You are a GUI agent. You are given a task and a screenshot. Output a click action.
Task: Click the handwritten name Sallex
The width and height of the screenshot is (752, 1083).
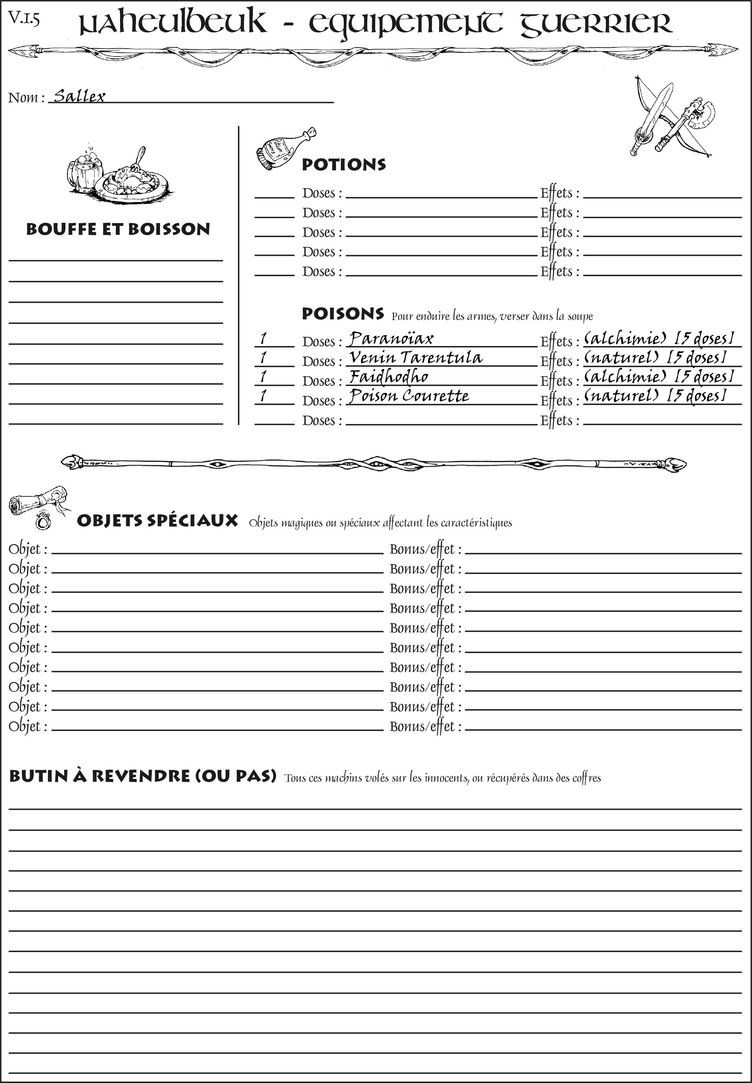coord(79,96)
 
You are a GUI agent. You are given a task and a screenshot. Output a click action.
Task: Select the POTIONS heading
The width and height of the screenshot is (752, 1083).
coord(343,165)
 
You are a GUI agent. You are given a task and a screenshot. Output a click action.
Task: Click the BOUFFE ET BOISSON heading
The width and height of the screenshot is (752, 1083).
coord(118,229)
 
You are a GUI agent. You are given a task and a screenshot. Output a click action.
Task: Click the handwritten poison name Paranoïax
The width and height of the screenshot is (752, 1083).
coord(391,338)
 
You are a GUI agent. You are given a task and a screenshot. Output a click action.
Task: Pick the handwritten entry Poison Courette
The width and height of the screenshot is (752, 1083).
coord(409,396)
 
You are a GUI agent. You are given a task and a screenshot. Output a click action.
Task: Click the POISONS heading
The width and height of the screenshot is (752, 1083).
coord(342,314)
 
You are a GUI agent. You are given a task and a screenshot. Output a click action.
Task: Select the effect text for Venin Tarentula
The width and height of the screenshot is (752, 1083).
coord(654,358)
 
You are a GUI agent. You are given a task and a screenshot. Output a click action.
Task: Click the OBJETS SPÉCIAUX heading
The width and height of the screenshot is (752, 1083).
coord(157,521)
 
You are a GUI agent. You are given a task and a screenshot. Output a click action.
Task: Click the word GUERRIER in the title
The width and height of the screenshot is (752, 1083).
coord(596,23)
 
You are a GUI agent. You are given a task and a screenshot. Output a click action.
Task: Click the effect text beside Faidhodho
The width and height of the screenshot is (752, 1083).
coord(659,377)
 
